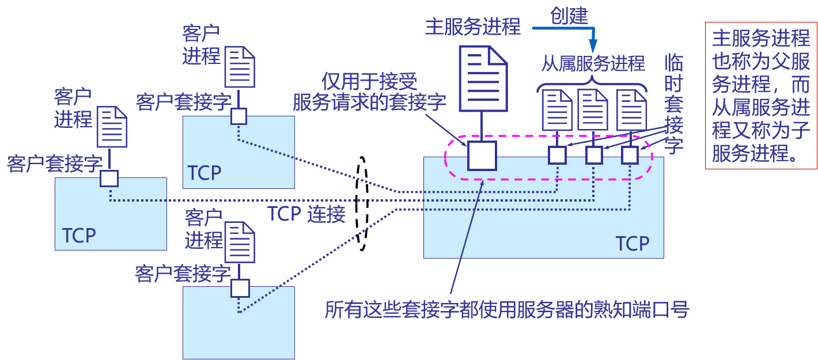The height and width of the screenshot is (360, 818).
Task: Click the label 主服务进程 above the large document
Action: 472,26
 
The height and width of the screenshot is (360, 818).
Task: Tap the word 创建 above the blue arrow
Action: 569,16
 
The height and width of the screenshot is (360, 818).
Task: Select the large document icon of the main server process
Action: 483,78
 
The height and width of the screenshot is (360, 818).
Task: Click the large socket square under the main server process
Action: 482,156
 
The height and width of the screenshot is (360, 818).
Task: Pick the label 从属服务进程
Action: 593,63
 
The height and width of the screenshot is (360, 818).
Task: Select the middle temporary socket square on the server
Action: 594,154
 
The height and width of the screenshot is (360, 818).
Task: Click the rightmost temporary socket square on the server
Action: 630,154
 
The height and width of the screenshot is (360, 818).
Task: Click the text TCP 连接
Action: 306,214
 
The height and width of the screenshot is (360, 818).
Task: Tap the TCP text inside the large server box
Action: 633,244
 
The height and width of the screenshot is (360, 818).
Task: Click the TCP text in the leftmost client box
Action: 79,236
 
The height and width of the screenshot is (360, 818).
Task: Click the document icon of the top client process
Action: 240,66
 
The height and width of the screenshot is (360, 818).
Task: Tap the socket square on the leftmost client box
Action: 109,178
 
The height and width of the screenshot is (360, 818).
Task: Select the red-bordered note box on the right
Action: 761,96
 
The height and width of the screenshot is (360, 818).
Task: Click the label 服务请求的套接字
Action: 369,103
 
